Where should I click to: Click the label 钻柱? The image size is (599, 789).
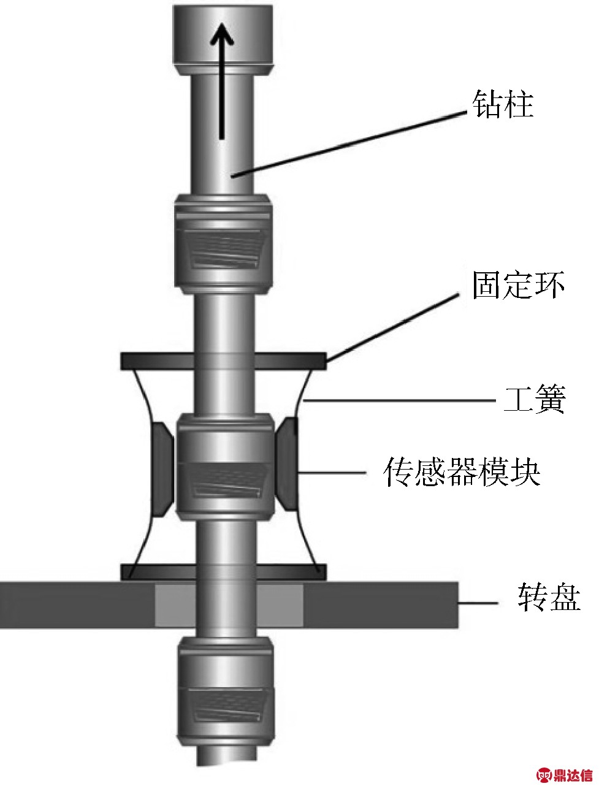coord(502,105)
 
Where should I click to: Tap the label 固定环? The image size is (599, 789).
coord(517,286)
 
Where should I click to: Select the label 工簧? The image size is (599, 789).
coord(533,400)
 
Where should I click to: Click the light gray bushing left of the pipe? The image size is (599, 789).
coord(175,605)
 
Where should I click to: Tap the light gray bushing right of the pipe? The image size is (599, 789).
coord(284,605)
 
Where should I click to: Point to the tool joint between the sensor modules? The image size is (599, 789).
coord(223,467)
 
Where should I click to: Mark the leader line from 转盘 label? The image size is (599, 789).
coord(478,604)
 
